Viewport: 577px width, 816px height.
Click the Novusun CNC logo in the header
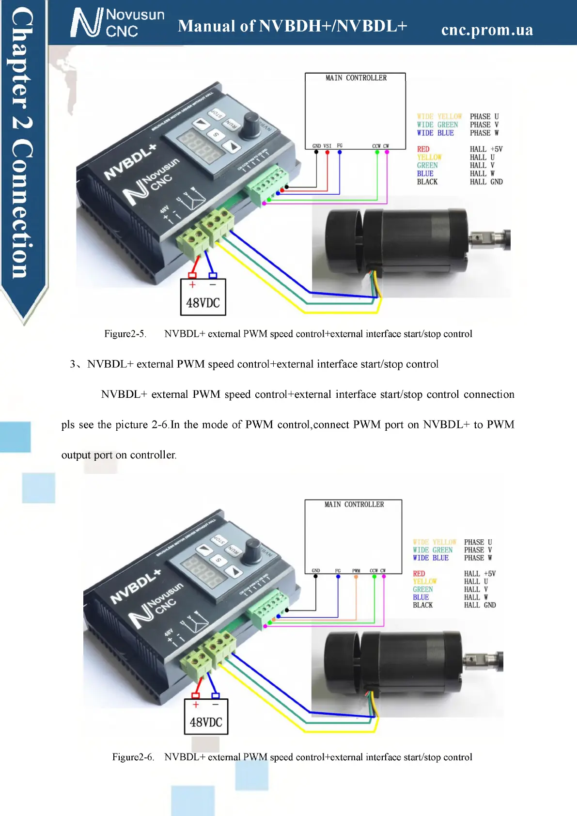tap(118, 23)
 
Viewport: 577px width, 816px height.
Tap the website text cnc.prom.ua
tap(487, 30)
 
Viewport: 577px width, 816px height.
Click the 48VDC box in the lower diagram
tap(206, 717)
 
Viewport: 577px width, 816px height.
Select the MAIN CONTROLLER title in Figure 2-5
tap(356, 78)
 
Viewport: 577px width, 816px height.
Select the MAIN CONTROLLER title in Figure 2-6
tap(354, 504)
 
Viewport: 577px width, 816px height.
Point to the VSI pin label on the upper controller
tap(327, 146)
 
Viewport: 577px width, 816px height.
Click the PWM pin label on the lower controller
tap(356, 571)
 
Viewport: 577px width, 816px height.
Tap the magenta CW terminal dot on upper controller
tap(387, 152)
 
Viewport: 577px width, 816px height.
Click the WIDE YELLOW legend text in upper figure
tap(439, 117)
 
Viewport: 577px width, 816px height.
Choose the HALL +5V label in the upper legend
tap(486, 149)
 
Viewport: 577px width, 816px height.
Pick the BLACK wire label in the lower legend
tap(423, 605)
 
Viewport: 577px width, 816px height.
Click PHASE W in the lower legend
tap(478, 558)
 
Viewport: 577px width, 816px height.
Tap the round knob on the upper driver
tap(251, 119)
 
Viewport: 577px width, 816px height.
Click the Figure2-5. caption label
tap(125, 334)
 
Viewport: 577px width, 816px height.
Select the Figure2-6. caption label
tap(133, 757)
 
